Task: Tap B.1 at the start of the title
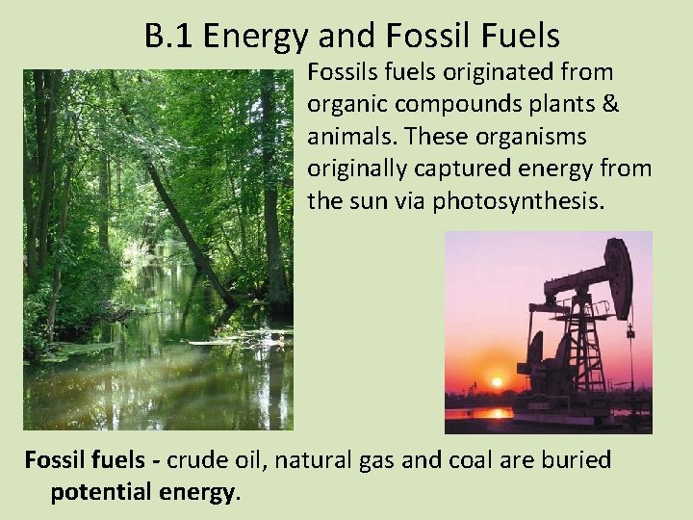point(169,36)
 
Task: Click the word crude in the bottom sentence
point(196,460)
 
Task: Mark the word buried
point(577,460)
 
